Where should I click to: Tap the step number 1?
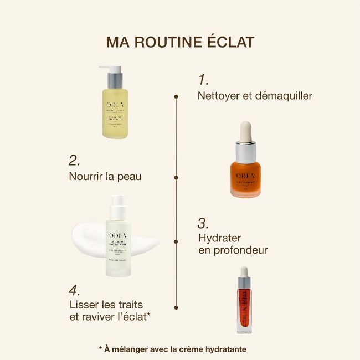pyautogui.click(x=203, y=79)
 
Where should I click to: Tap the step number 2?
pyautogui.click(x=75, y=161)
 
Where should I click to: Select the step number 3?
pyautogui.click(x=203, y=223)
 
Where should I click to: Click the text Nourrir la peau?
pyautogui.click(x=105, y=177)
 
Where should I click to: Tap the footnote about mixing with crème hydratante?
pyautogui.click(x=172, y=349)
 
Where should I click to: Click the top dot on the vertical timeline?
pyautogui.click(x=176, y=96)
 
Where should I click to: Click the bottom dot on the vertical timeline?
pyautogui.click(x=176, y=306)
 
